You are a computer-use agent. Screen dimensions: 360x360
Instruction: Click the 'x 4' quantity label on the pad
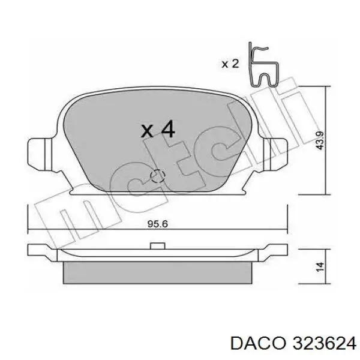click(x=157, y=129)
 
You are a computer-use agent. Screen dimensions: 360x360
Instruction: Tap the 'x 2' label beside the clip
click(x=231, y=64)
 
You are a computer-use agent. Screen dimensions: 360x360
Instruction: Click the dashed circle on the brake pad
click(x=158, y=176)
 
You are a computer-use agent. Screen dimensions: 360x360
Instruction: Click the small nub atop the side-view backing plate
click(x=157, y=245)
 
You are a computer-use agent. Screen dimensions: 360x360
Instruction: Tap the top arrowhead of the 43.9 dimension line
click(x=325, y=88)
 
